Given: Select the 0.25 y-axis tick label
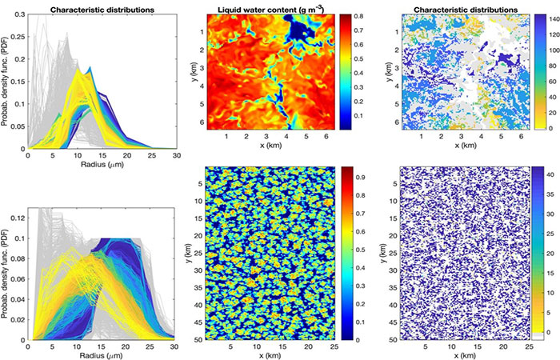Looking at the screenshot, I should click(15, 38).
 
